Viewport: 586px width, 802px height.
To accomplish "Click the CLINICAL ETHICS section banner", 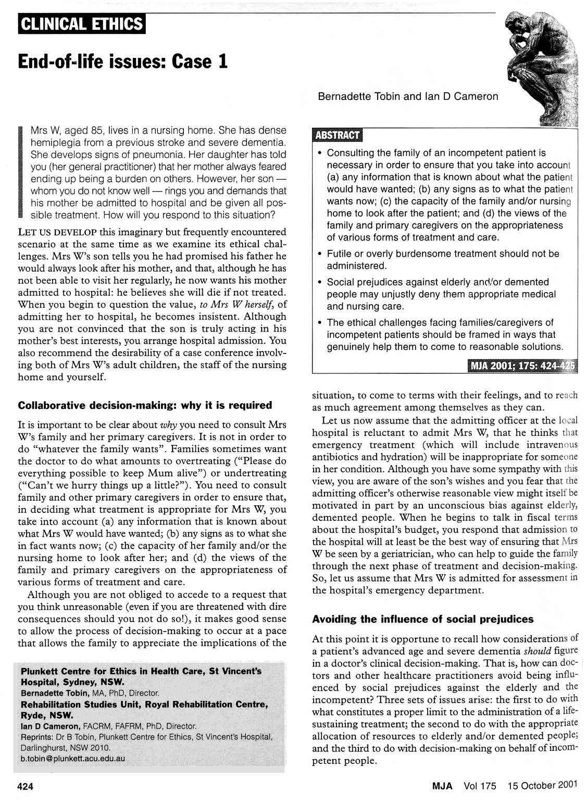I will [82, 25].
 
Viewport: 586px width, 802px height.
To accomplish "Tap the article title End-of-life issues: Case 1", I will [123, 62].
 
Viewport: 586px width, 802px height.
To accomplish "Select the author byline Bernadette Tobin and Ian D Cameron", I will [408, 96].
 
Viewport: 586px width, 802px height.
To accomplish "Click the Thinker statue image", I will [544, 68].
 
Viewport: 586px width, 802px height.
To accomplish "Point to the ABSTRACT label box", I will [338, 135].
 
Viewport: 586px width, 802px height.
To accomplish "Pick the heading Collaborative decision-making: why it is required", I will [145, 405].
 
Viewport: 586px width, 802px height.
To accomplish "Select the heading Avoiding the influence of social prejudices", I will [422, 619].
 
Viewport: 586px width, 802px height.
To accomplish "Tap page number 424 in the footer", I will [26, 786].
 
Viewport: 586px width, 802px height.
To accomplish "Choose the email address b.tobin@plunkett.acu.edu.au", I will [72, 758].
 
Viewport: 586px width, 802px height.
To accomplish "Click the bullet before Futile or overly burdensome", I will [319, 254].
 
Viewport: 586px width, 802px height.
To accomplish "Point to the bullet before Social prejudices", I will [319, 282].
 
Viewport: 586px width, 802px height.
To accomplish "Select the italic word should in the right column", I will [538, 651].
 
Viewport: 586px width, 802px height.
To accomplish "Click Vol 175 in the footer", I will [480, 785].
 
